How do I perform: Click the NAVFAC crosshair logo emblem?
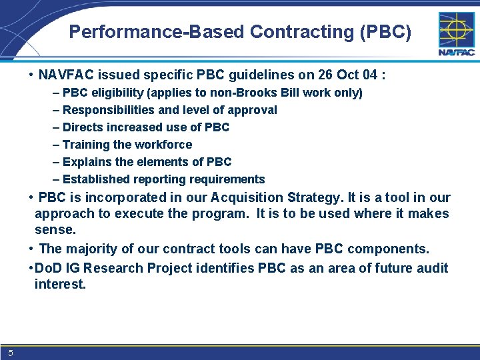456,29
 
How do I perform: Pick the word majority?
89,249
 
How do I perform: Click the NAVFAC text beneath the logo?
456,53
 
